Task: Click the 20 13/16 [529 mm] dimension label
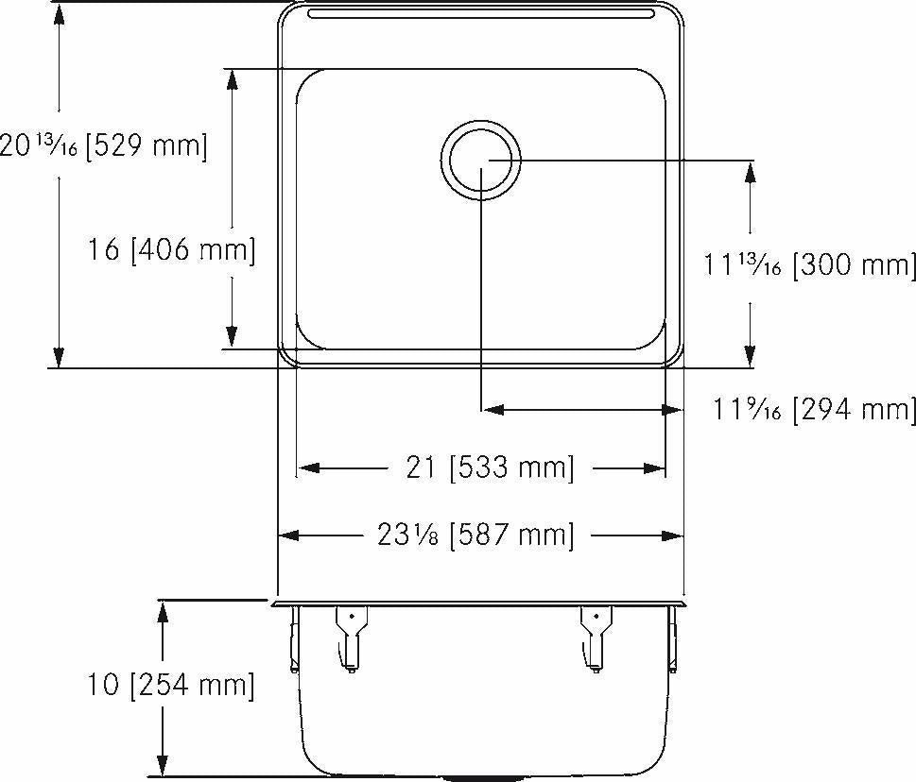coord(103,146)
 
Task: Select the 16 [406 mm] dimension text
coord(171,250)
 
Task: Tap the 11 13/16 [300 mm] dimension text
coord(809,265)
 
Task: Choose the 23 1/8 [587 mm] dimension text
coord(475,535)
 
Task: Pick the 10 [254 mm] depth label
coord(171,685)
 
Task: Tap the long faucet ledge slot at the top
coord(480,15)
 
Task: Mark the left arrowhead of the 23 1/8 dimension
coord(287,535)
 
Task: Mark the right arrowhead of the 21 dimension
coord(658,467)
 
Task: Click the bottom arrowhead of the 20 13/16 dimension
coord(59,357)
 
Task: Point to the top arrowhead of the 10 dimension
coord(164,610)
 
